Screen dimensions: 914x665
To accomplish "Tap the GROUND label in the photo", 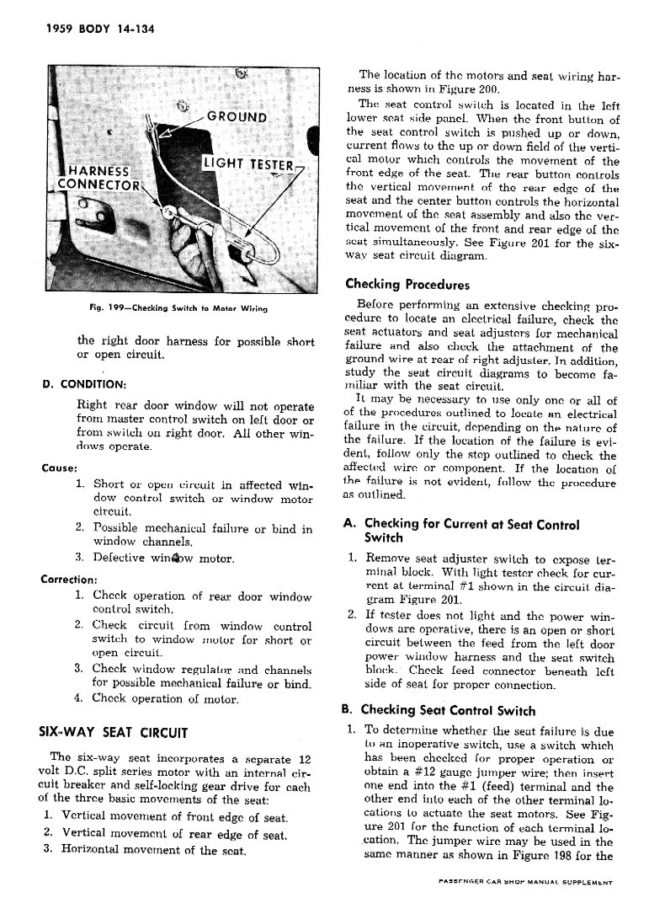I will (x=237, y=118).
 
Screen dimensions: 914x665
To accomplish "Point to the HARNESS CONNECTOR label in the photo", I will (x=98, y=178).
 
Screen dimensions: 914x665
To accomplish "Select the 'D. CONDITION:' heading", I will (x=84, y=385).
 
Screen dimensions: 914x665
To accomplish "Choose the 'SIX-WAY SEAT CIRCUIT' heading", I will (x=114, y=732).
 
